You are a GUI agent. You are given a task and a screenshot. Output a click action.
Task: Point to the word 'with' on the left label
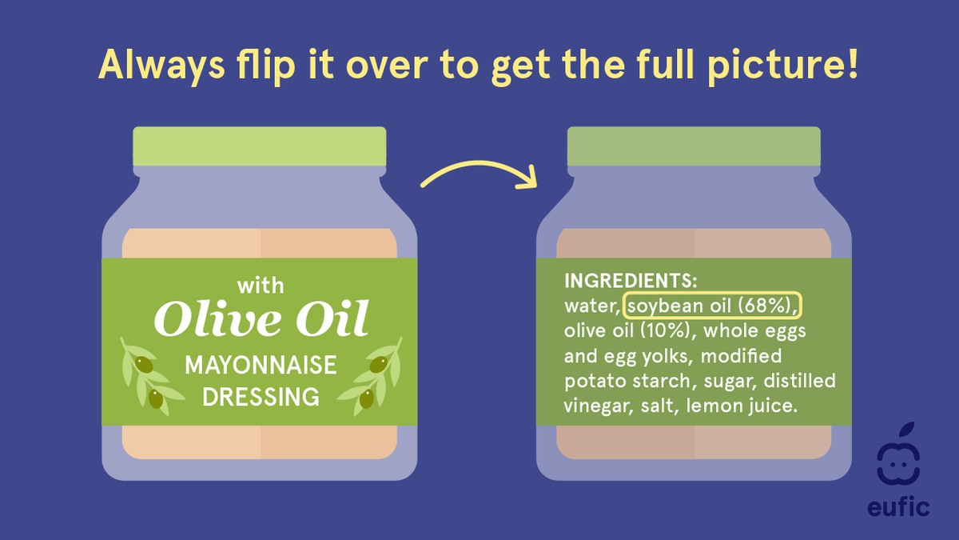tap(260, 286)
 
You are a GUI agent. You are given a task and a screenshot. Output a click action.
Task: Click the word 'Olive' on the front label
tap(211, 319)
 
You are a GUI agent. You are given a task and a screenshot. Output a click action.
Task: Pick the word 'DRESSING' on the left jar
tap(261, 396)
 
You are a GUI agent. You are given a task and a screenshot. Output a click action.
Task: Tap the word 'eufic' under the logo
tap(898, 507)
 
